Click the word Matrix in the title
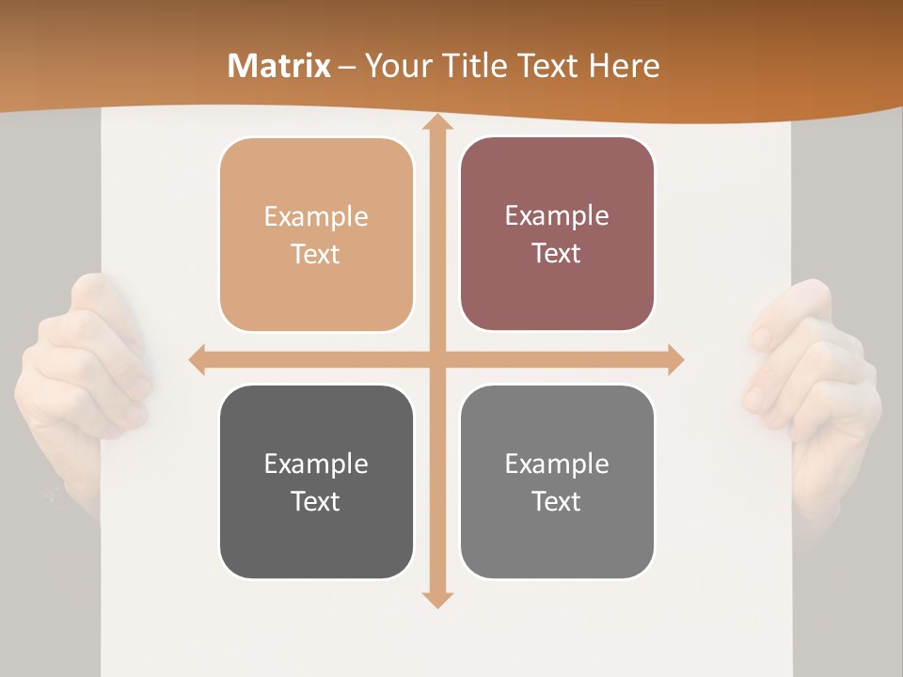279,66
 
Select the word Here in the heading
625,66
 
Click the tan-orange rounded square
316,235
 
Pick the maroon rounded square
557,234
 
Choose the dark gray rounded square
316,481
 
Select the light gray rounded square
557,481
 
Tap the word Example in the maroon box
557,215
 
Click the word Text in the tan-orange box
316,254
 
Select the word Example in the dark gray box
316,464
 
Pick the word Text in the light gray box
557,501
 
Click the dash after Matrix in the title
347,67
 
